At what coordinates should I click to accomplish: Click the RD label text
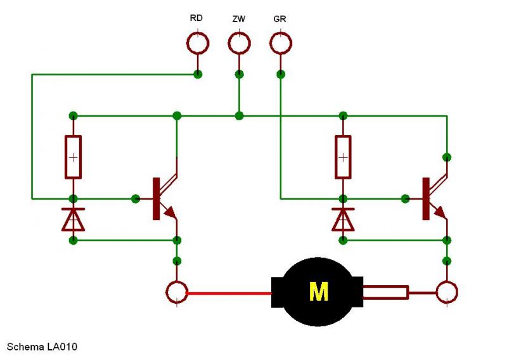coord(196,18)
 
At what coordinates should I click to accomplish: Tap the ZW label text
coord(239,19)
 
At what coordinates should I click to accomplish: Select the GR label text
coord(279,19)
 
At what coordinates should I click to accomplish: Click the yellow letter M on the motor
coord(319,292)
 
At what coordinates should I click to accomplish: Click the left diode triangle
coord(74,221)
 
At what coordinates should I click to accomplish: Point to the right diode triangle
coord(343,221)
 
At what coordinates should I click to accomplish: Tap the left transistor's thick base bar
coord(156,198)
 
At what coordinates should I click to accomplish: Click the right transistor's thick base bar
coord(426,198)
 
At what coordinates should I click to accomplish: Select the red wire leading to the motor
coord(229,293)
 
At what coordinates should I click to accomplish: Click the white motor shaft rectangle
coord(385,292)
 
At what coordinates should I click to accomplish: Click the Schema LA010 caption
coord(42,347)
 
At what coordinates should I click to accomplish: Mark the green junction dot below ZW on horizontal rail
coord(239,115)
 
